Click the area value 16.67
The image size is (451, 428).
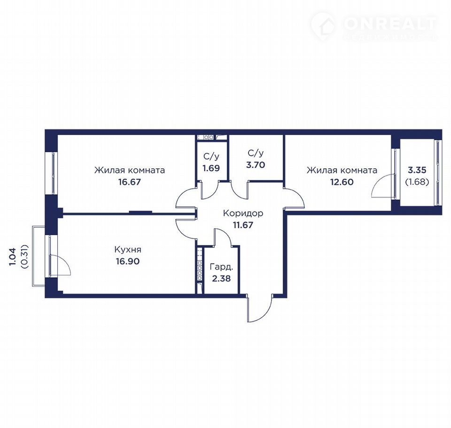pos(130,182)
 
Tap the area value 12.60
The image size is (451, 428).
pos(342,182)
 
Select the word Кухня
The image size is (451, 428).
pos(128,249)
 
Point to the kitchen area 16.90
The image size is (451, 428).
pos(128,261)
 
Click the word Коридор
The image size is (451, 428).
pos(243,214)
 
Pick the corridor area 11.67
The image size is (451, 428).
pos(243,225)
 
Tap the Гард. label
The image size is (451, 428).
pos(221,267)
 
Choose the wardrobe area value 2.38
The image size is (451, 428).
pos(221,278)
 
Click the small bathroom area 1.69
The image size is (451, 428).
pos(211,168)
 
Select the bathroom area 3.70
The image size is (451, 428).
pos(256,165)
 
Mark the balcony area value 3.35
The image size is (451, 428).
pos(417,170)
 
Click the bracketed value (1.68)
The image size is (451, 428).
pos(417,182)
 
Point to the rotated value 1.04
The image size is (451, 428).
pos(13,257)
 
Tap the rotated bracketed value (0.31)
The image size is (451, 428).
pos(25,257)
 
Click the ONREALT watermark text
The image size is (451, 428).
pos(390,24)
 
